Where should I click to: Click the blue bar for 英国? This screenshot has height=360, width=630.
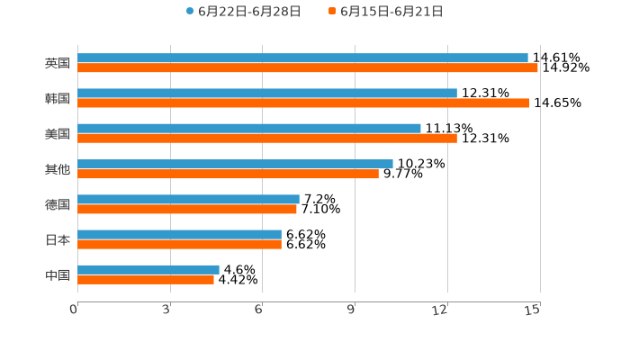pos(302,58)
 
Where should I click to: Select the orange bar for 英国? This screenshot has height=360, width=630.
pos(308,67)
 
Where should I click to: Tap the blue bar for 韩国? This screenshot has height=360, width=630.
pos(267,93)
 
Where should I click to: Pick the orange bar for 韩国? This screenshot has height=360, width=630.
pos(303,103)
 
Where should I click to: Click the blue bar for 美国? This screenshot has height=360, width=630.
pos(249,128)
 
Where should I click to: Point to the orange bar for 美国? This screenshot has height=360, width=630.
pos(267,138)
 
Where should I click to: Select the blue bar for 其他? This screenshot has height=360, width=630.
pos(235,164)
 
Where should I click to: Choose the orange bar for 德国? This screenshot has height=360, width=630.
pos(187,209)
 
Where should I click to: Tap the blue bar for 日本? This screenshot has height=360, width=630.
pos(179,234)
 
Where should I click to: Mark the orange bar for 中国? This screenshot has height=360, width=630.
pos(146,279)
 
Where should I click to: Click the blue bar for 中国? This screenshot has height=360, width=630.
pos(148,269)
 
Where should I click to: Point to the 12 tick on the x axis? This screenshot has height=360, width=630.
pos(440,310)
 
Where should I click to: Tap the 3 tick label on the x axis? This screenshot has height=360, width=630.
pos(167,310)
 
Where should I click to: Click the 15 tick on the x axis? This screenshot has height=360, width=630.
pos(533,310)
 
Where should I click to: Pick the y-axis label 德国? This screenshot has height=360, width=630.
pos(58,204)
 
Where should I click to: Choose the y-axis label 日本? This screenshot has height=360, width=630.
pos(58,239)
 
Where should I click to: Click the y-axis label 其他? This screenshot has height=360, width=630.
pos(58,169)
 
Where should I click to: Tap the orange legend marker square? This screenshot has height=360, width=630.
pos(332,12)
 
